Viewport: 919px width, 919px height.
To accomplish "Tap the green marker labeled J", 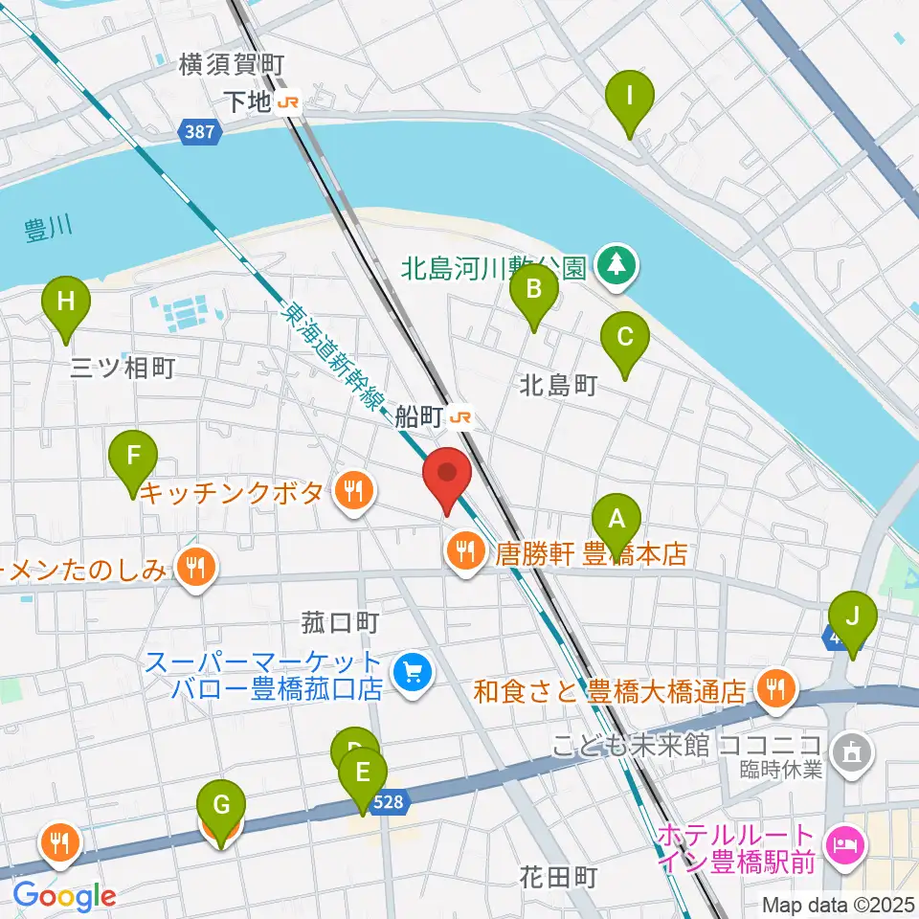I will [x=852, y=622].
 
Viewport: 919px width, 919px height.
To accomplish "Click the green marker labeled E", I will [x=362, y=776].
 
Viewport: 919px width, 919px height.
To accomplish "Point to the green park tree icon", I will [x=613, y=263].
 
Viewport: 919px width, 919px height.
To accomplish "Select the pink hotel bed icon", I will [x=847, y=844].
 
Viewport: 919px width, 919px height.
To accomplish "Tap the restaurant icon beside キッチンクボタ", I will [x=353, y=493].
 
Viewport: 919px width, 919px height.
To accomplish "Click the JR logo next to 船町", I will [x=461, y=416].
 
